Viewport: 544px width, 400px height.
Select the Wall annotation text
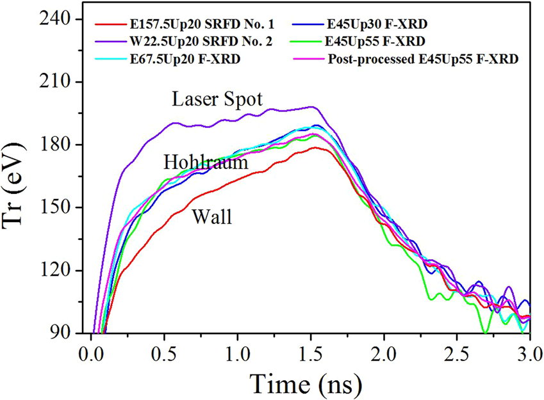(212, 218)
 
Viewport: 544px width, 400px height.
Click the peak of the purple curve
(312, 107)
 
